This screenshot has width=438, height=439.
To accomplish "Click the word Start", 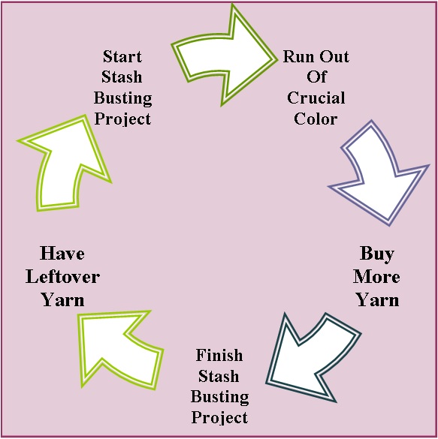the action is click(x=122, y=56).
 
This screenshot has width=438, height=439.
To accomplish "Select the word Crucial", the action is click(x=316, y=98).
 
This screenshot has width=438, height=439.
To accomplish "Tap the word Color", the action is click(x=316, y=119).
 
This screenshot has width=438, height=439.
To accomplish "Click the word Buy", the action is click(x=377, y=254).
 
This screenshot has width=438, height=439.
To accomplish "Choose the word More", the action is click(x=376, y=277).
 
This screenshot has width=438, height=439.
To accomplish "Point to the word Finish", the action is click(x=219, y=355).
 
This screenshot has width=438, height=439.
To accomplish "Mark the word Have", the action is click(x=62, y=253).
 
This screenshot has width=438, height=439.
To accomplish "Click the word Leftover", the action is click(x=63, y=277).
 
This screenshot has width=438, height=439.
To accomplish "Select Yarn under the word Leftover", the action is click(x=63, y=300).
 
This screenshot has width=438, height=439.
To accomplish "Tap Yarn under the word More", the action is click(x=378, y=300).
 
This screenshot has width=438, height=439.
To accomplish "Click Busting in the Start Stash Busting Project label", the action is click(x=123, y=98).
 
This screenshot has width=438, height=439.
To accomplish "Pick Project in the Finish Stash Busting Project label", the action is click(x=219, y=418).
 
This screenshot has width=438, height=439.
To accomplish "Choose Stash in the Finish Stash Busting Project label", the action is click(x=219, y=376).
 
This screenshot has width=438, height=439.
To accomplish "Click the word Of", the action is click(x=316, y=77).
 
